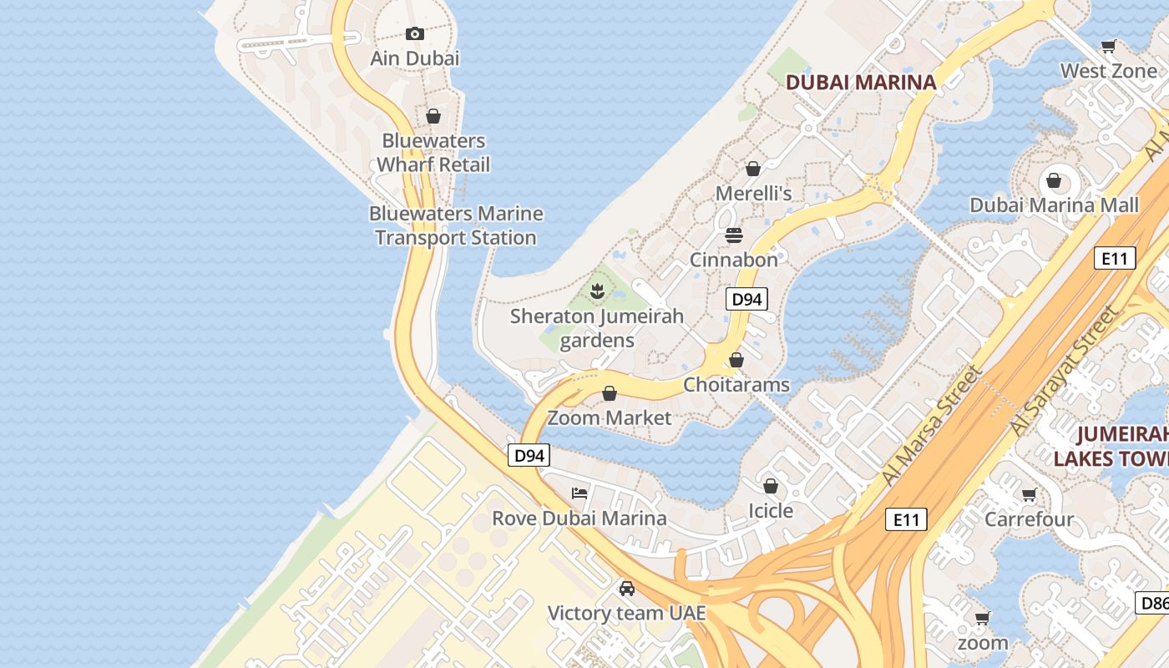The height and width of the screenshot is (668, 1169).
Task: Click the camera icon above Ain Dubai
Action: coord(415,34)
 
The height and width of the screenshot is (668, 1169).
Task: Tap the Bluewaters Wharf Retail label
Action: coord(433,153)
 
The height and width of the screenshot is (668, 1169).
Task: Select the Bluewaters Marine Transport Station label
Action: coord(456,225)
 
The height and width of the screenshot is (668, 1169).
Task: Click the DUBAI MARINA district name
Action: coord(861,82)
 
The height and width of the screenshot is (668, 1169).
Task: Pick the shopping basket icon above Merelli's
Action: coord(753,169)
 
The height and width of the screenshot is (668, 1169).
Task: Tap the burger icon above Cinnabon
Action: coord(734,235)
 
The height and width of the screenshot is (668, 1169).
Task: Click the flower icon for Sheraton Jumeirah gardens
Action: coord(597,291)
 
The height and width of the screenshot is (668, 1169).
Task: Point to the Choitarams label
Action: coord(736,384)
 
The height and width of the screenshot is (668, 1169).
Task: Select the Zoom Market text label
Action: coord(610,417)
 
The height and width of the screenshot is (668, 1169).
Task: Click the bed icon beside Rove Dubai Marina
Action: coord(579,493)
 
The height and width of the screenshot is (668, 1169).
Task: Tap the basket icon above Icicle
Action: coord(771,485)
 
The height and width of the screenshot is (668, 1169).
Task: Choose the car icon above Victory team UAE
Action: coord(627,589)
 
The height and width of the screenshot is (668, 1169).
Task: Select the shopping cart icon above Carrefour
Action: coord(1029,495)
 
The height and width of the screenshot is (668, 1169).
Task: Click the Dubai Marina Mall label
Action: coord(1054,205)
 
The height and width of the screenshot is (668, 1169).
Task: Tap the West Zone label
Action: coord(1109,71)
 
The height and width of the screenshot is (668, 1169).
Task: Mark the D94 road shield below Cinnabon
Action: coord(746,299)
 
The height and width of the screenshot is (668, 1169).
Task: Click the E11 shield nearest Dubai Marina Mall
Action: coord(1115,258)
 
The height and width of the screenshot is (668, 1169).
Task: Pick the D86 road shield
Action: coord(1153,602)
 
